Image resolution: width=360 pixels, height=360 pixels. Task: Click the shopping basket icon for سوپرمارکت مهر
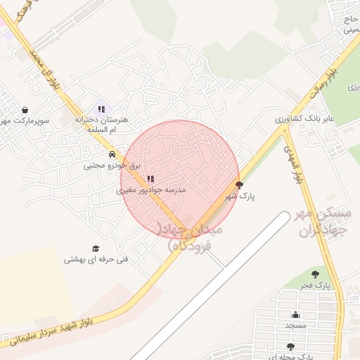tap(26, 110)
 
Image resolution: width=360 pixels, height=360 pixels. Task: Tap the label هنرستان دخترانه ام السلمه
tap(101, 124)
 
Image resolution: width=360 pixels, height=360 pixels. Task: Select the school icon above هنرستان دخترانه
tap(101, 109)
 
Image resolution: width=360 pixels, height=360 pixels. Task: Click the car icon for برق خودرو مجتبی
tap(111, 154)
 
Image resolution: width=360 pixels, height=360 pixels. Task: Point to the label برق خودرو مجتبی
tap(104, 166)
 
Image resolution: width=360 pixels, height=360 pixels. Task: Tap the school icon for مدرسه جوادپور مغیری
tap(150, 179)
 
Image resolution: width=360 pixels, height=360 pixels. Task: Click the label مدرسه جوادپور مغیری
tap(150, 191)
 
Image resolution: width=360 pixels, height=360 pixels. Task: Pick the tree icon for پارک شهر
tap(239, 186)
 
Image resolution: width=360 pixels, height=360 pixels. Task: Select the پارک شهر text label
tap(239, 197)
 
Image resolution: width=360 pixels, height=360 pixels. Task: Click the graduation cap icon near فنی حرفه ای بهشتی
tap(96, 248)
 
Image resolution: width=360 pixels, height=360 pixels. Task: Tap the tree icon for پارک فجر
tap(314, 274)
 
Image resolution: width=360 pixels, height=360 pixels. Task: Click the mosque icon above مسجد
tap(295, 314)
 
